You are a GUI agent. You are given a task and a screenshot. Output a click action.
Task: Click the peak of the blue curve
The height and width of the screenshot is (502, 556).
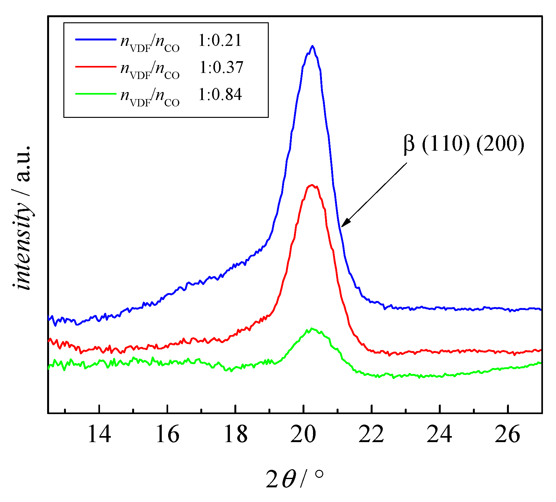click(x=312, y=46)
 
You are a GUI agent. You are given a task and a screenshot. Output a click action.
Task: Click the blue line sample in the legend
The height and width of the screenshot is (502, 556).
click(x=96, y=39)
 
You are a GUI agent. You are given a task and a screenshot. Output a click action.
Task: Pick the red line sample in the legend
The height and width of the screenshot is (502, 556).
click(x=96, y=67)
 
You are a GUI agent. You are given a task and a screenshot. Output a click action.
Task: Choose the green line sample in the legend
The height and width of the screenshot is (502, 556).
click(x=96, y=94)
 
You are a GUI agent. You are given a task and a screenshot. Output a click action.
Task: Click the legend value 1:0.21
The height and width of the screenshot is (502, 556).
click(x=220, y=41)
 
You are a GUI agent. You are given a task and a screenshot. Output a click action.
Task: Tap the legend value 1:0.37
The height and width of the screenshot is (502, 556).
click(x=221, y=68)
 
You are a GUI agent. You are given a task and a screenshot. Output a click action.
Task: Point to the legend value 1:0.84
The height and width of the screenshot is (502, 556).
click(x=220, y=95)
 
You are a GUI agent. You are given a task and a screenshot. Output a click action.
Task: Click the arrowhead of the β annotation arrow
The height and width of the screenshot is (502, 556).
click(x=343, y=225)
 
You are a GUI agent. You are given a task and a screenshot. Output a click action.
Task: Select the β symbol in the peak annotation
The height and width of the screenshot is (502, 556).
click(x=409, y=144)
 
